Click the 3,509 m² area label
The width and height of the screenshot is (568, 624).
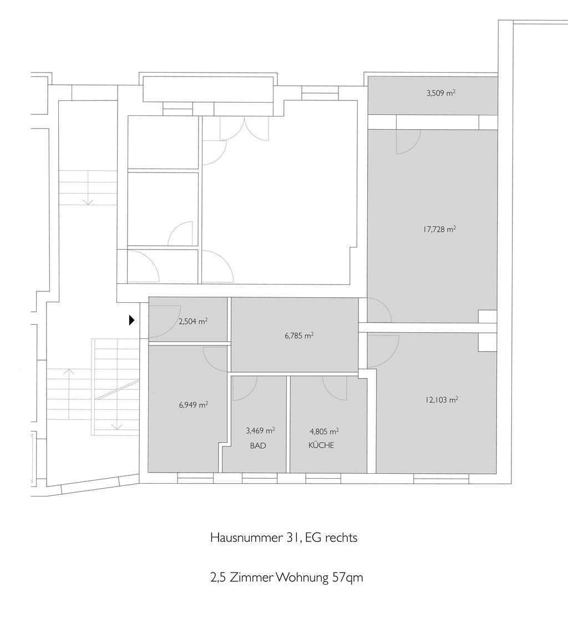tap(440, 94)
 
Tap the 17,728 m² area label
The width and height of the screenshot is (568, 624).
tap(439, 229)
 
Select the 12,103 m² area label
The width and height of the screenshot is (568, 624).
tap(442, 400)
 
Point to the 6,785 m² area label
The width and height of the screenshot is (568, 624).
tap(299, 336)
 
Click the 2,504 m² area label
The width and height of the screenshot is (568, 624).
tap(192, 322)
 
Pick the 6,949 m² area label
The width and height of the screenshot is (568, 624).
tap(194, 405)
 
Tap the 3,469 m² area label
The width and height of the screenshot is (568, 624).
tap(260, 430)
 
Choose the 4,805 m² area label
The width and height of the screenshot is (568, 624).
tap(324, 431)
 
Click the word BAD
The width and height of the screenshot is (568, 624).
tap(258, 446)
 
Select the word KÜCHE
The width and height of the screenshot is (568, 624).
tap(321, 445)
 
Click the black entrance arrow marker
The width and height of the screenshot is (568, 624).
tap(132, 320)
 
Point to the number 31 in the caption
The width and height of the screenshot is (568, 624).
tap(293, 537)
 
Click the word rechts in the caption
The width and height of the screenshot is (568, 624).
tap(341, 537)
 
